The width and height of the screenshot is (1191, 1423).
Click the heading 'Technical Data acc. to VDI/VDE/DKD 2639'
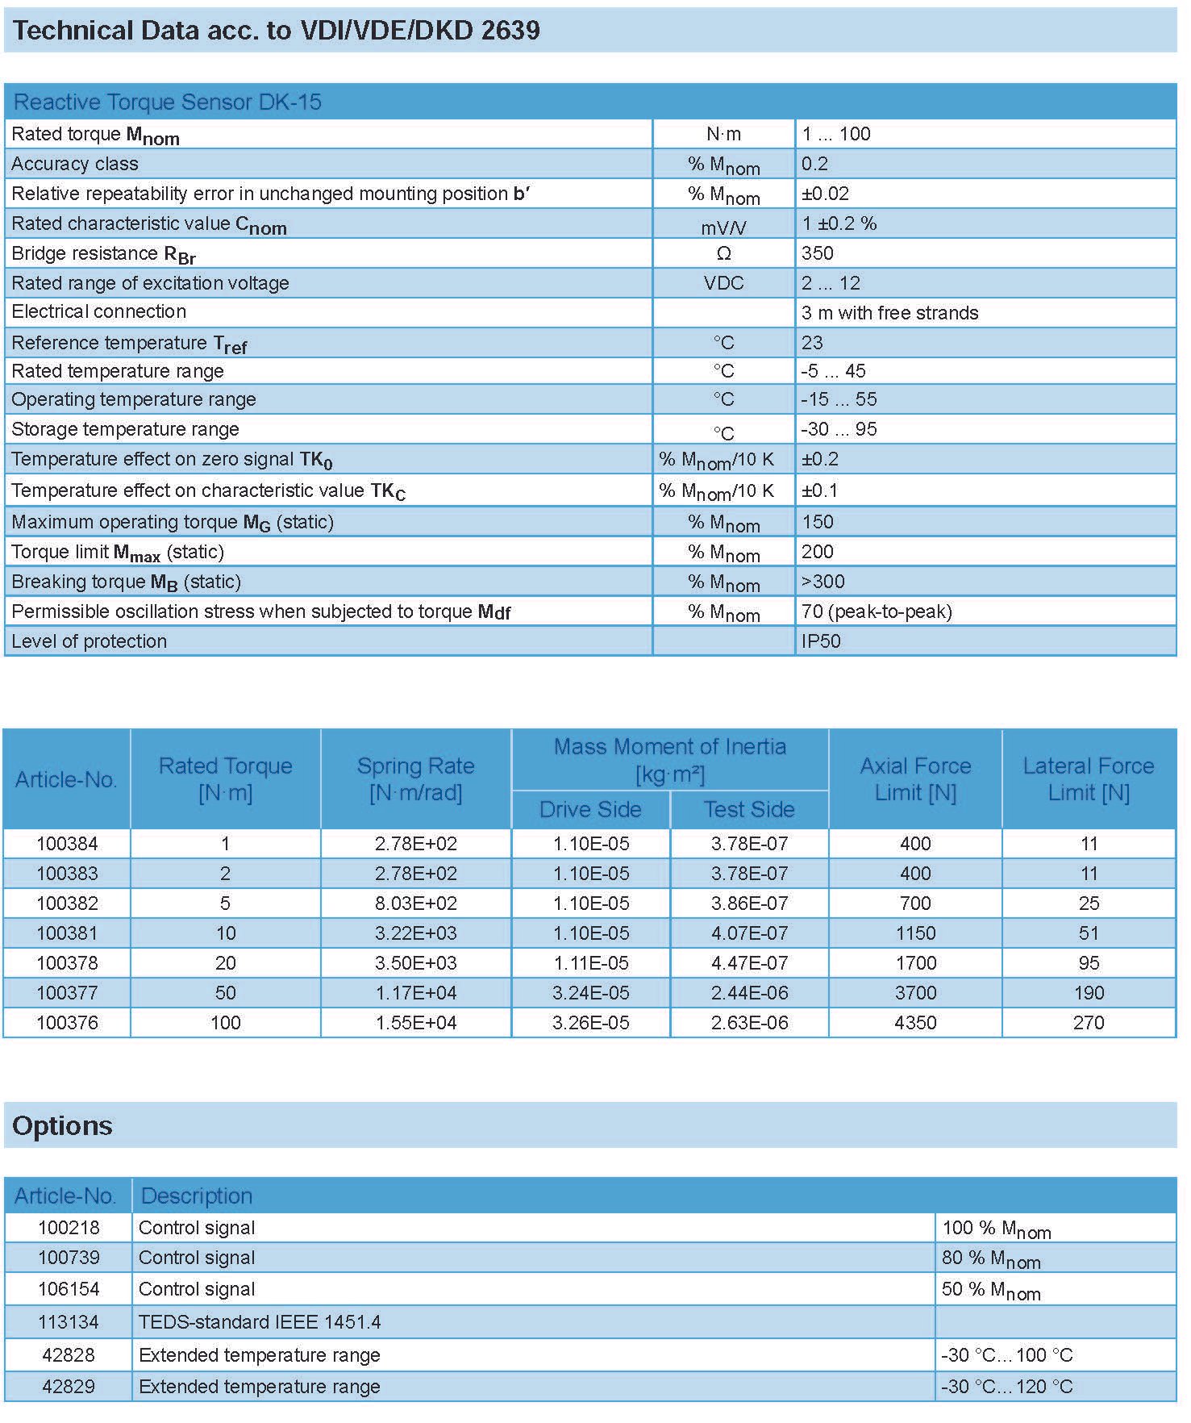coord(276,31)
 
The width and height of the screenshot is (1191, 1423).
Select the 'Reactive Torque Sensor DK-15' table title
coord(168,102)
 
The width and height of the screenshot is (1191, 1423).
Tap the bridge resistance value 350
coord(818,253)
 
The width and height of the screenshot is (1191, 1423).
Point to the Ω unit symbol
coord(723,253)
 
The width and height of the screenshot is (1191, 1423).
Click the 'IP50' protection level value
coord(821,641)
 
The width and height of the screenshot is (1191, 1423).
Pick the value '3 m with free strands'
coord(889,313)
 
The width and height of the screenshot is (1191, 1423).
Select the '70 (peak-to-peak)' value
coord(877,611)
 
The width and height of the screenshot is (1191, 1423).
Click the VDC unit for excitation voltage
coord(723,283)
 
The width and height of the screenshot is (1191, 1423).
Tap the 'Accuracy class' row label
coord(75,164)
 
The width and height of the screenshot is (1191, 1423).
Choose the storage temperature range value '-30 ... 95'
coord(839,429)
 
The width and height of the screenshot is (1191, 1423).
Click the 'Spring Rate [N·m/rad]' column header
coord(415,779)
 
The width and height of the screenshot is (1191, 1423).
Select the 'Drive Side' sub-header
coord(590,809)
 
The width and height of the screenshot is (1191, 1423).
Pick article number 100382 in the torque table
coord(67,903)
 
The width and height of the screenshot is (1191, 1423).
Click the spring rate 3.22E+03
coord(415,933)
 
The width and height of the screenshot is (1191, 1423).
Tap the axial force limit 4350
coord(915,1023)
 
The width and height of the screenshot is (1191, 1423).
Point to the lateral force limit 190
coord(1089,993)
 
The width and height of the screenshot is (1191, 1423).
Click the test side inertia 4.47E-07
coord(749,963)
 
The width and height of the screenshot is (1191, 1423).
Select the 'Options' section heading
coord(62,1126)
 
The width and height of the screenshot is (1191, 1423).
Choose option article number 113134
coord(68,1322)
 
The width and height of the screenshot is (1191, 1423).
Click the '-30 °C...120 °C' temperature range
coord(1006,1387)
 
